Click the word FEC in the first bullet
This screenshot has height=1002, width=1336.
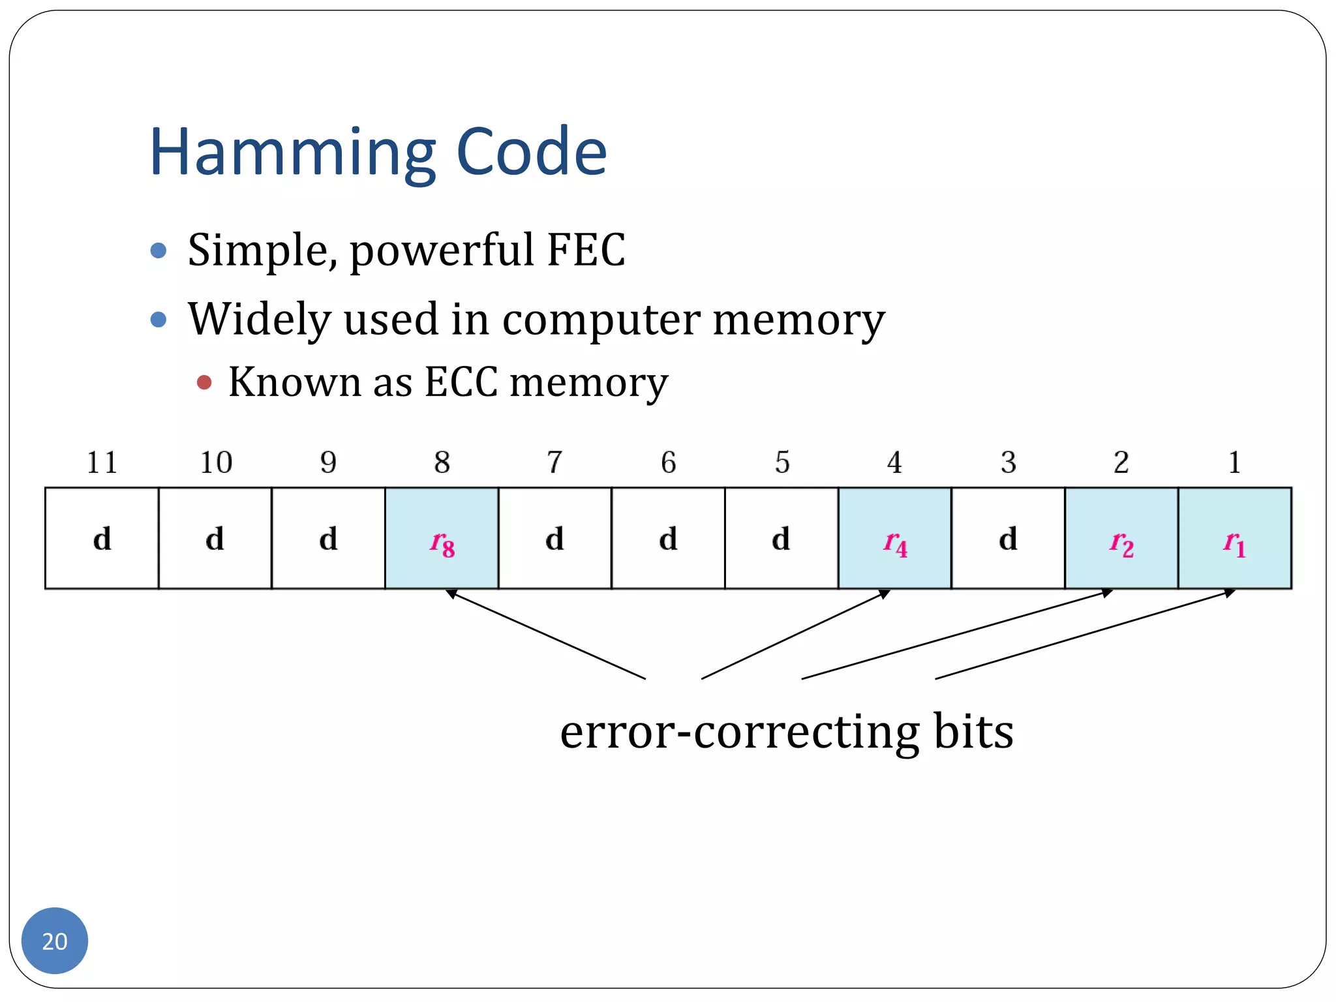point(585,250)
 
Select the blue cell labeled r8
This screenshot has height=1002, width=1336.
point(442,539)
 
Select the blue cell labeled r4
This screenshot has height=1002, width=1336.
point(894,539)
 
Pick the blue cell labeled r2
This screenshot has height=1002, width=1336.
point(1121,539)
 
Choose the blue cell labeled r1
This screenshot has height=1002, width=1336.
point(1234,539)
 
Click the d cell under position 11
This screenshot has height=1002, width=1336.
point(102,539)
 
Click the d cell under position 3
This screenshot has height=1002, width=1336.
point(1008,539)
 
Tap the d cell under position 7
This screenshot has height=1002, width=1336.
point(554,539)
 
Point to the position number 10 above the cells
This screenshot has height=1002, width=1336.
point(215,463)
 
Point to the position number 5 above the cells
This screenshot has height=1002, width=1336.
point(782,463)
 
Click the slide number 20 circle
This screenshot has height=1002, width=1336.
point(55,941)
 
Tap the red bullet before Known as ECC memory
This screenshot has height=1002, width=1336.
point(204,382)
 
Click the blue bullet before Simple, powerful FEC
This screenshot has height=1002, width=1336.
point(159,250)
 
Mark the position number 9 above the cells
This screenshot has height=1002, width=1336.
point(328,463)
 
